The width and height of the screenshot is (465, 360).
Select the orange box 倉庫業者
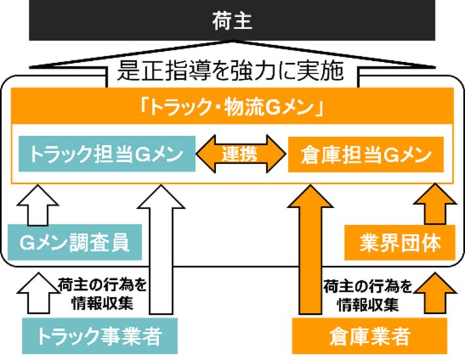pos(369,336)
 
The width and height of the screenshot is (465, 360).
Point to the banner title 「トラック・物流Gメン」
pos(232,107)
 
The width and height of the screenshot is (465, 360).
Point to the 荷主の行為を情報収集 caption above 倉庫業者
pos(368,294)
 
